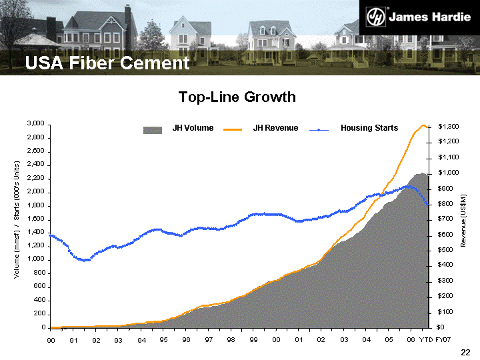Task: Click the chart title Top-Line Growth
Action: click(x=237, y=97)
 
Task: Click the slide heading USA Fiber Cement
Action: click(x=107, y=63)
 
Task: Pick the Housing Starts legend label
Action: click(x=369, y=128)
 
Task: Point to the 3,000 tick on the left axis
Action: click(x=35, y=124)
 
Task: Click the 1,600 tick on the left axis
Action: click(x=35, y=219)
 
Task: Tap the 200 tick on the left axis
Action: click(x=37, y=314)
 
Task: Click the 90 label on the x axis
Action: click(x=51, y=340)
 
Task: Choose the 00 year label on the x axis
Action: click(x=276, y=340)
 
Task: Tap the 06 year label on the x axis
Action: click(x=411, y=340)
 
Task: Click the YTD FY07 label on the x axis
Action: click(x=435, y=340)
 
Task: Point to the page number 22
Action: click(x=465, y=352)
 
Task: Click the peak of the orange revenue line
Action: click(x=423, y=125)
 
